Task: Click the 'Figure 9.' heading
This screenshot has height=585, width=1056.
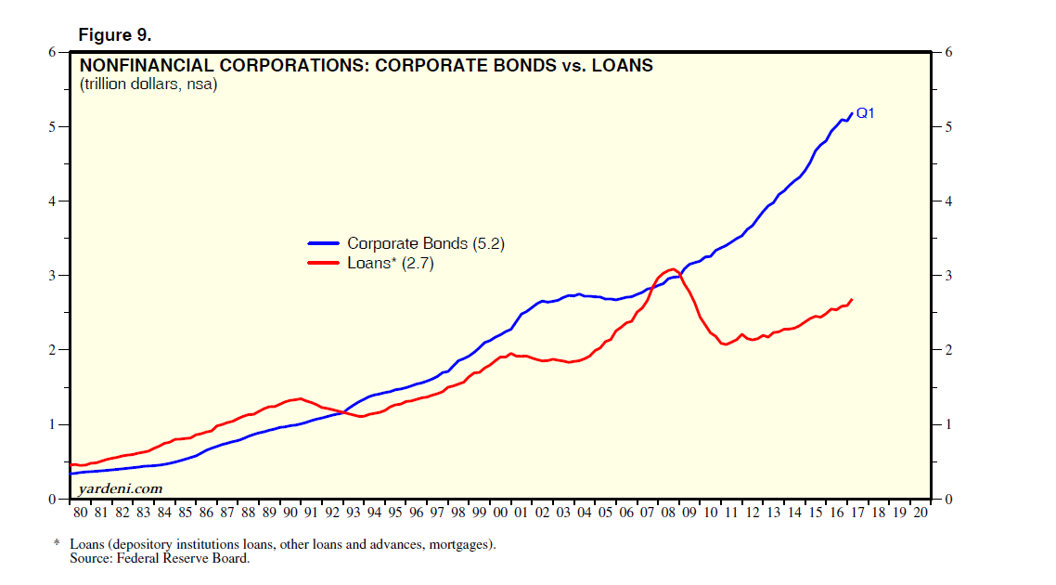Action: [115, 35]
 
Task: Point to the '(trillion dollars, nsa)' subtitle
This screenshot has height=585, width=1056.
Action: [148, 85]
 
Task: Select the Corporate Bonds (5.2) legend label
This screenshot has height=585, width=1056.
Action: [426, 243]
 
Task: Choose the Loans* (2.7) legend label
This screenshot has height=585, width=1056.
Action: [391, 263]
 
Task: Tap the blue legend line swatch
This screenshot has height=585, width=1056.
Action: [324, 243]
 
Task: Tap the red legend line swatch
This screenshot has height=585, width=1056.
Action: [324, 263]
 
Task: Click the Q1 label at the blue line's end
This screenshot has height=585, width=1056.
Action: [865, 113]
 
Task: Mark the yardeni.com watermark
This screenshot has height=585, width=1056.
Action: [121, 487]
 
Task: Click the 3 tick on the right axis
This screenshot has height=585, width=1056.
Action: [947, 276]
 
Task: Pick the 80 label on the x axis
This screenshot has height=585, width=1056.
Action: [81, 513]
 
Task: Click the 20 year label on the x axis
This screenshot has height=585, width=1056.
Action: [920, 513]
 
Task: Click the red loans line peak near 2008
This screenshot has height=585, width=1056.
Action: [673, 269]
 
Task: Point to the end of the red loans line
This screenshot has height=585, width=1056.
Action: [852, 299]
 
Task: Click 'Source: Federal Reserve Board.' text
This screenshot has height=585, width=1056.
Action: [160, 558]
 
